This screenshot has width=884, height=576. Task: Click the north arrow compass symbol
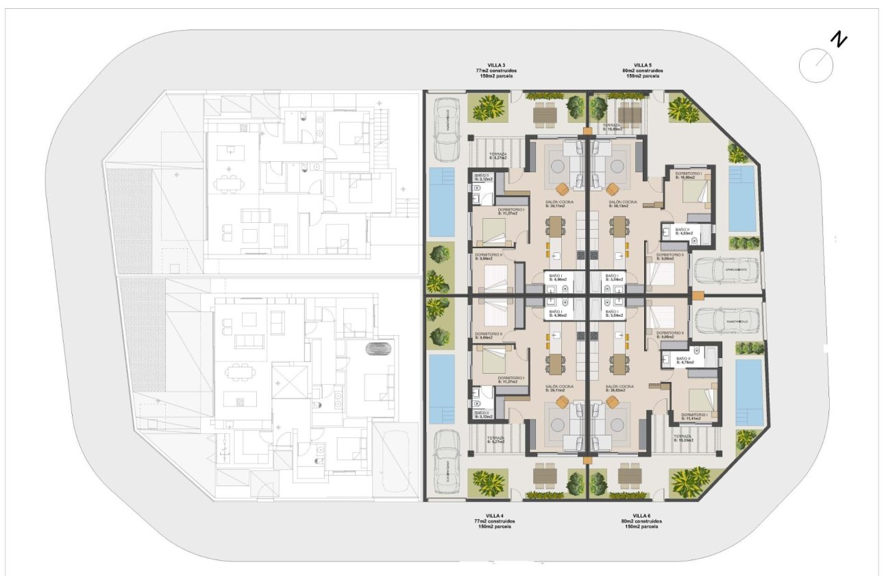[x=817, y=66]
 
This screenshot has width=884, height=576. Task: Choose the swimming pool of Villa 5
[x=741, y=197]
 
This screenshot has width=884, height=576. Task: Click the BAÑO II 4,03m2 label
[x=683, y=231]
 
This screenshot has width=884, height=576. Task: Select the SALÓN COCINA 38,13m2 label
[x=623, y=204]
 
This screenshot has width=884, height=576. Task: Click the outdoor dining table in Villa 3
[x=545, y=115]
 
